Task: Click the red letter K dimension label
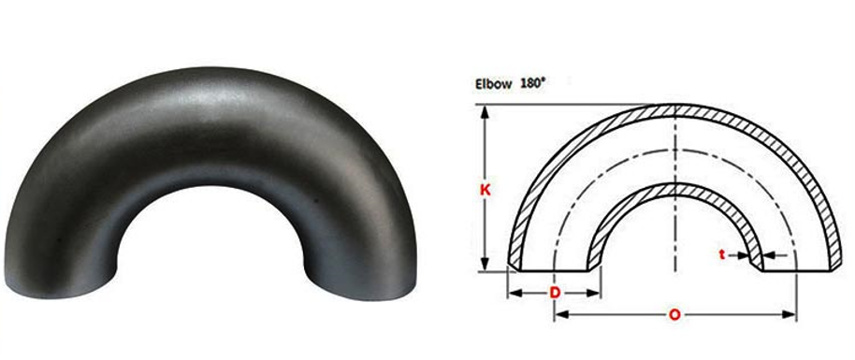click(485, 189)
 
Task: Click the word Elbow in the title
click(492, 84)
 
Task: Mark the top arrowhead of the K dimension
click(485, 110)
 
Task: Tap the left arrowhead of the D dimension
click(513, 294)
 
